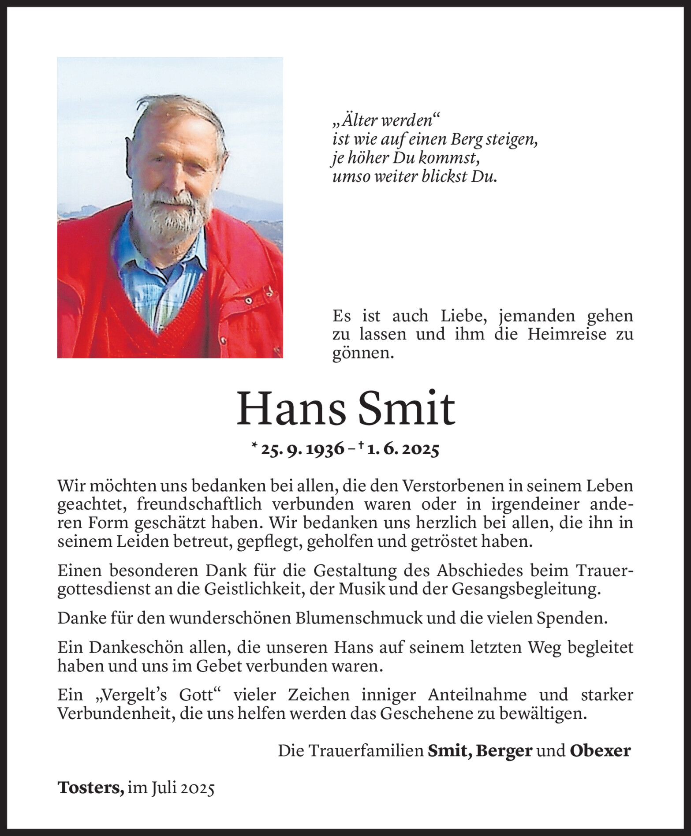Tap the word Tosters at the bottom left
pos(90,787)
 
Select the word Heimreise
pos(559,334)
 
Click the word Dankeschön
pos(131,647)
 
